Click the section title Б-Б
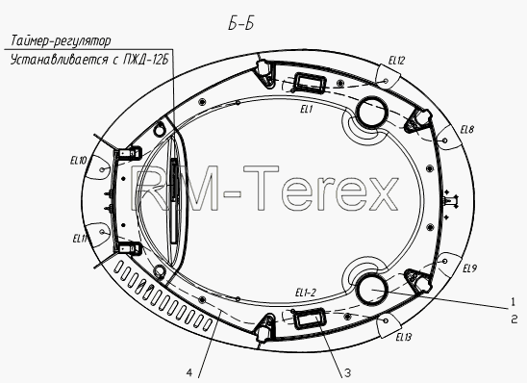pos(240,24)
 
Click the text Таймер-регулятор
pos(61,41)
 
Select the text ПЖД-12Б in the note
pos(145,61)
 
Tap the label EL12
pos(396,61)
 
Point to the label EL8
pos(467,130)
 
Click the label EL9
pos(470,268)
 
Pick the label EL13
pos(403,337)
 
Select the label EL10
pos(78,161)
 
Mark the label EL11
pos(80,239)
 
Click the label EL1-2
pos(306,293)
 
